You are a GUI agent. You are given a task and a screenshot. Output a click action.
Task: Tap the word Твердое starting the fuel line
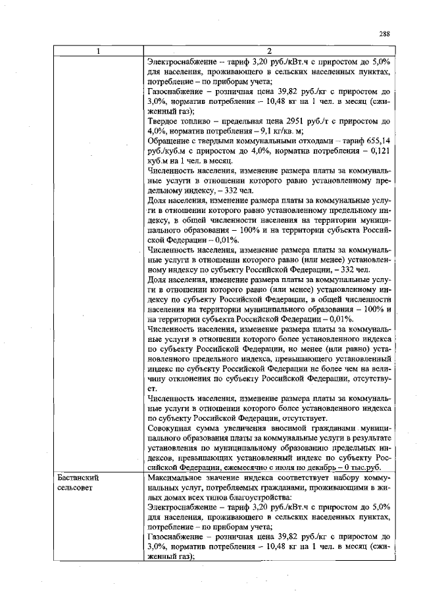(x=164, y=122)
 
